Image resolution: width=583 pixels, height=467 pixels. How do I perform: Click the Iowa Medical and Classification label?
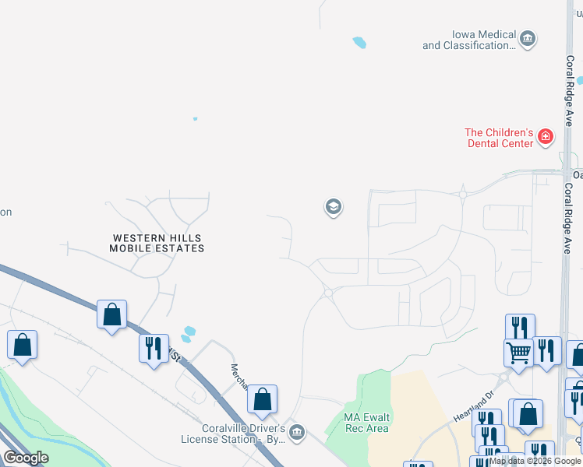(469, 40)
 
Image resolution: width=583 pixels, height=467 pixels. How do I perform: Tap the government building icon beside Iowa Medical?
(528, 39)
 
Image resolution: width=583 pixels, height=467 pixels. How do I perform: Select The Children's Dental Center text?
(499, 138)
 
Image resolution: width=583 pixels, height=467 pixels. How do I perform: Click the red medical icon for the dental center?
(546, 138)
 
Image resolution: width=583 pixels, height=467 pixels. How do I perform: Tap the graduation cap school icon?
(333, 207)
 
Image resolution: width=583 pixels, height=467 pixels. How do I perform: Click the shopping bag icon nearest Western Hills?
(112, 315)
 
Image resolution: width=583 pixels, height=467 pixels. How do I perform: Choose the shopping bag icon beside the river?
(22, 345)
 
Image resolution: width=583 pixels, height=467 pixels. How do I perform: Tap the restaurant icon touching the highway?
(154, 347)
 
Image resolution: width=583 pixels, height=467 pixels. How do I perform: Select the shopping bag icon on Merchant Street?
(263, 400)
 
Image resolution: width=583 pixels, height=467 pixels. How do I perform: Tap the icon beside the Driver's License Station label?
(295, 432)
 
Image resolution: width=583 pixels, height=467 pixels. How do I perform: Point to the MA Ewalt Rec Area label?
(366, 423)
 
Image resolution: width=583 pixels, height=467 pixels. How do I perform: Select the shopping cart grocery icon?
(518, 352)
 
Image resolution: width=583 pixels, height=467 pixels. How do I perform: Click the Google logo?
(26, 458)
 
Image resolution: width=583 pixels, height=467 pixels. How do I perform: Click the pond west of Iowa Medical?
(359, 43)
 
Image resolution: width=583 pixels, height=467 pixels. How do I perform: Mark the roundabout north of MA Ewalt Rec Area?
(328, 293)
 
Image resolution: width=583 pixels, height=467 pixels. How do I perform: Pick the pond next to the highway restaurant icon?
(188, 334)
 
